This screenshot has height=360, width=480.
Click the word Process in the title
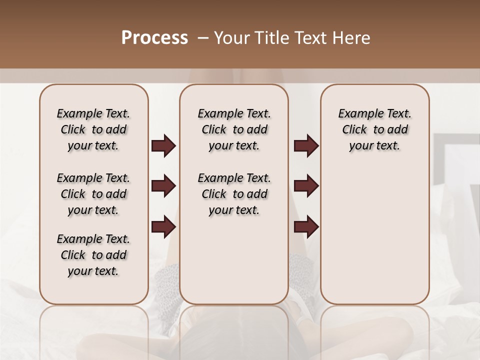154,38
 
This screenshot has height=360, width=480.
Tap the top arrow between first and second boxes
163,146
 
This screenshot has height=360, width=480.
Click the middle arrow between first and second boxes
163,186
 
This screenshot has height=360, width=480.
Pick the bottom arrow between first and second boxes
163,227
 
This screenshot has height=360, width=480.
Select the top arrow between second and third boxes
306,146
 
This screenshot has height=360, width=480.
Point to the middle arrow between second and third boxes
306,186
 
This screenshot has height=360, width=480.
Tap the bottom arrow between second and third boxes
306,227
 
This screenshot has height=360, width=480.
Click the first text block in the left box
93,129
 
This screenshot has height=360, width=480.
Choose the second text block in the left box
93,194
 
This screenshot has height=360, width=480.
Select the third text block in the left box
93,255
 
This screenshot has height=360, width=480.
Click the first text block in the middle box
234,129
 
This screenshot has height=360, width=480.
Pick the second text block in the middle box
234,194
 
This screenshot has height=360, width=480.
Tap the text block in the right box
375,129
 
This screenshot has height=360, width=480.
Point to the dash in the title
202,38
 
